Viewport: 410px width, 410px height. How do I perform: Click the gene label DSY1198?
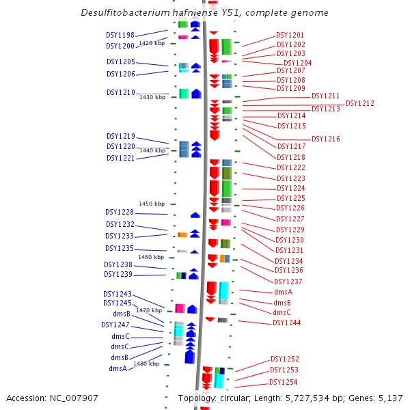coord(120,35)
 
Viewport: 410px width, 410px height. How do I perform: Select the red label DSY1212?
coord(360,104)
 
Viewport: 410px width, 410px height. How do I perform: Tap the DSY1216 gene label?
coord(326,139)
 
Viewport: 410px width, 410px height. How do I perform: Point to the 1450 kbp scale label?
coord(152,204)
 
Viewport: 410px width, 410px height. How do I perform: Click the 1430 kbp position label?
coord(152,97)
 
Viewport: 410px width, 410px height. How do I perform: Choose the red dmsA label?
coord(283,292)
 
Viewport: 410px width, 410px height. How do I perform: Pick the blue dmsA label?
coord(118,368)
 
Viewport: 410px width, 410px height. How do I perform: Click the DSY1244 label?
coord(286,323)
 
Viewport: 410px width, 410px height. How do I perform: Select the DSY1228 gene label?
coord(120,212)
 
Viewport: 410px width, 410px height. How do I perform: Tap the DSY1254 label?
coord(283,382)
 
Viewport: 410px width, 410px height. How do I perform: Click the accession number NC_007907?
coord(74,398)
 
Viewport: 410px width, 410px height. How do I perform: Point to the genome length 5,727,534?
coord(307,398)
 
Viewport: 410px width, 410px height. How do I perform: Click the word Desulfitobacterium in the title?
coord(126,12)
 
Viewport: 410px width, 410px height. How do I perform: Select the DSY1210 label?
coord(121,92)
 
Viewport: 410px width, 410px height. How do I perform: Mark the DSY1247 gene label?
coord(115,325)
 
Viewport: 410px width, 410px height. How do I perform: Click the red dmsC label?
coord(282,312)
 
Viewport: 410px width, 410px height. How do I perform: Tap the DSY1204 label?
coord(297,63)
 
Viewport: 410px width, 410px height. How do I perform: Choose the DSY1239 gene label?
coord(118,274)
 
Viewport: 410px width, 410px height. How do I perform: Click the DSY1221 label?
coord(120,159)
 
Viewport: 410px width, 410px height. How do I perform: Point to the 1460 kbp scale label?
coord(151,257)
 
